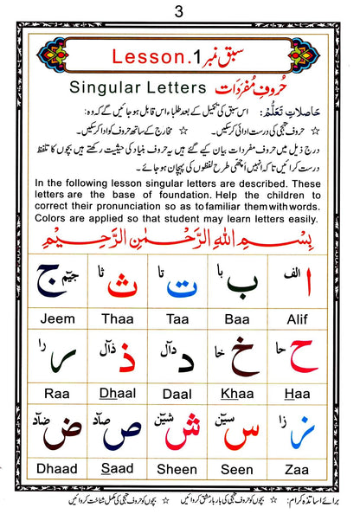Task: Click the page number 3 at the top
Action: [179, 11]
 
